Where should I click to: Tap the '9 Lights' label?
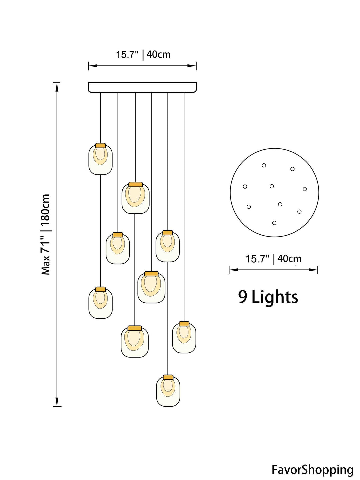pos(268,297)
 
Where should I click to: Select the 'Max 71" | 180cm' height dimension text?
pos(46,234)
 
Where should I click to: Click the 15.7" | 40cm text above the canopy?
pos(143,54)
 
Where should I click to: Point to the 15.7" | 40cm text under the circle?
pos(273,259)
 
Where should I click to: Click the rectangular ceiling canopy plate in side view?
pos(142,87)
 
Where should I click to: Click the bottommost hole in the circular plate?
pos(274,223)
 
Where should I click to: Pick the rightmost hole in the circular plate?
pos(305,189)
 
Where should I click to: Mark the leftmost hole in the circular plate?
pos(245,187)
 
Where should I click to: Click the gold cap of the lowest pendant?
pos(168,377)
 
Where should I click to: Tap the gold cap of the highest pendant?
pos(101,145)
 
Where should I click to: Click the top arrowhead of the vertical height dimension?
pos(57,87)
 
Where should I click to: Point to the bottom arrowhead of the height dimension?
pos(57,402)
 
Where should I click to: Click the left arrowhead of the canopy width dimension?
pos(93,66)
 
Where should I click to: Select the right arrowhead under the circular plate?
pos(313,270)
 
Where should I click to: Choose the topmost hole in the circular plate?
pos(264,165)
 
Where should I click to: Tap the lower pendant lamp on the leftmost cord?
pos(101,303)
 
